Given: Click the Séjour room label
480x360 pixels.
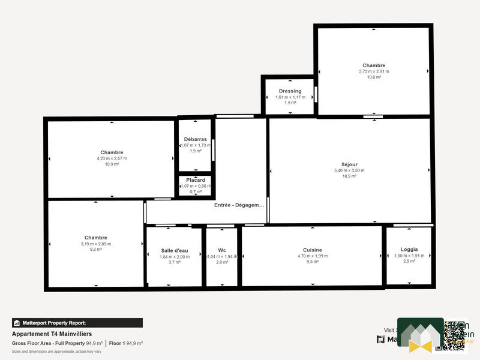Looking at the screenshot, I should click(349, 164).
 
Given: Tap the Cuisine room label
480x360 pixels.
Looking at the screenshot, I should click(313, 250).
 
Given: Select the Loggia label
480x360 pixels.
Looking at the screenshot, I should click(409, 249).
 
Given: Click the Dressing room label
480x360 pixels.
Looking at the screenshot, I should click(290, 91).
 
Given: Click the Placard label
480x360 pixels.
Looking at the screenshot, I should click(196, 180).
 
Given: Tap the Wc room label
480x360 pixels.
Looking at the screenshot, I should click(222, 250).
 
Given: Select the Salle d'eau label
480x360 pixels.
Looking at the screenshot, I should click(175, 250).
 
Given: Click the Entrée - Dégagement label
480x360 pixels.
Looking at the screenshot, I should click(239, 205).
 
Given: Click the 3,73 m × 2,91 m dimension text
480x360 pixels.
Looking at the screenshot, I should click(374, 71).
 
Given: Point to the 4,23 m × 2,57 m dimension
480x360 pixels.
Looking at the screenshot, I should click(112, 158).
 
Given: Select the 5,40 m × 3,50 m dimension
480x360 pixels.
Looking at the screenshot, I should click(349, 170).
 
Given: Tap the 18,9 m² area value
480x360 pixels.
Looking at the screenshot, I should click(349, 176).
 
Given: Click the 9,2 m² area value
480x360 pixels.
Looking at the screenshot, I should click(96, 250).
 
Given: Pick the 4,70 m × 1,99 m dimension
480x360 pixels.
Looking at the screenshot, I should click(313, 256).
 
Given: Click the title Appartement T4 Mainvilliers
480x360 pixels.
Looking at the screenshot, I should click(52, 334).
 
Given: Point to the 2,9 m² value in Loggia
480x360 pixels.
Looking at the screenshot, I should click(409, 261).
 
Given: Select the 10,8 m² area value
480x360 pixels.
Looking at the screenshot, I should click(374, 77).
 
